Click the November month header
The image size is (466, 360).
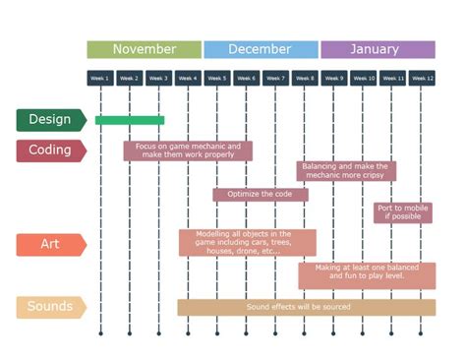145,49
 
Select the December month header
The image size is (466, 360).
261,49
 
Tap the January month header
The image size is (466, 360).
378,49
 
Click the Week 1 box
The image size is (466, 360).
100,78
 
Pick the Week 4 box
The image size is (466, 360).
188,78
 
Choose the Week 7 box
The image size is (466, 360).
275,78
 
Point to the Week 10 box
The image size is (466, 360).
364,78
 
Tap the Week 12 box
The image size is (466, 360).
423,78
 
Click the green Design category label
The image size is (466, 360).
50,120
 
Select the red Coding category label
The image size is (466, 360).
50,150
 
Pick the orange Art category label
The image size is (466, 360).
50,244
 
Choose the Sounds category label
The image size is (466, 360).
50,307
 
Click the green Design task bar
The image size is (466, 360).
130,120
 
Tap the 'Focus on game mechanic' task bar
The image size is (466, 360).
188,150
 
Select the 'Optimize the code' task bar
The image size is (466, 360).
261,194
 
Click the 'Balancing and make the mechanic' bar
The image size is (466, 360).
346,171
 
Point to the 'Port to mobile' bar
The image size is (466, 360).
403,212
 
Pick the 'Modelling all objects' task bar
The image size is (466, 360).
248,243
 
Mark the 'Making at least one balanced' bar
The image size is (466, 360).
367,275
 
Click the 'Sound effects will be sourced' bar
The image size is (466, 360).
306,307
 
